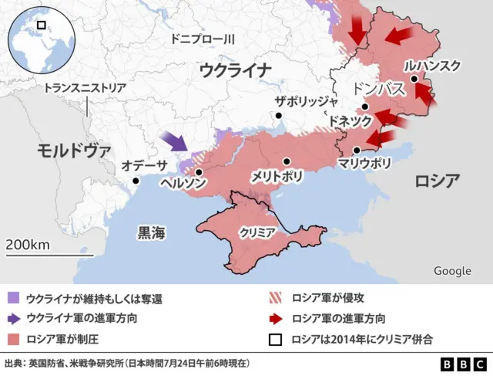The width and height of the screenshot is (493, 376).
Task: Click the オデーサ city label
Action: coord(144,164)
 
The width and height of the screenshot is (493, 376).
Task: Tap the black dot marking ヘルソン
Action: coord(199,172)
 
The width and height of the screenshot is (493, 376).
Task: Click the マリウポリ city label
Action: coord(364,164)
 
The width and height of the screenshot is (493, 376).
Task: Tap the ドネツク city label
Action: coord(350,121)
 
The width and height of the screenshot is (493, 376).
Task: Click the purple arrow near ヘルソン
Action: coord(176,141)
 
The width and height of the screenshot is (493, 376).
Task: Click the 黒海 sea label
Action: coord(151,232)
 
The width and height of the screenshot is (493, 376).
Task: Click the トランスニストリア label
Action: coord(85,88)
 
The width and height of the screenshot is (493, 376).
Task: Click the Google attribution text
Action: coord(452,270)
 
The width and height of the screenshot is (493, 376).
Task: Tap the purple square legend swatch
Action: coord(13,298)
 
